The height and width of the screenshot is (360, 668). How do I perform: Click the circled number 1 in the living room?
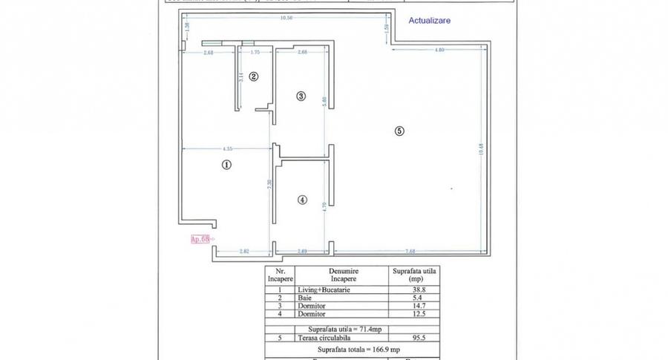[x=226, y=166]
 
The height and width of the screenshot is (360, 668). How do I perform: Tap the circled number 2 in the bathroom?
[x=253, y=76]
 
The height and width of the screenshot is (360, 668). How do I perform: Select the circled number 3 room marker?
[x=301, y=96]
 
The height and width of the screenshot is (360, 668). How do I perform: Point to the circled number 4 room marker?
[x=301, y=199]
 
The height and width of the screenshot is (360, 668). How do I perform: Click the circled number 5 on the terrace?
[x=399, y=131]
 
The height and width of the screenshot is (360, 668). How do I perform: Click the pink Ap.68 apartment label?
[x=201, y=239]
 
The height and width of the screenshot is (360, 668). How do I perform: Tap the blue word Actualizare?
[x=429, y=21]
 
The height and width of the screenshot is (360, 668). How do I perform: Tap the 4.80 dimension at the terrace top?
[x=439, y=50]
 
